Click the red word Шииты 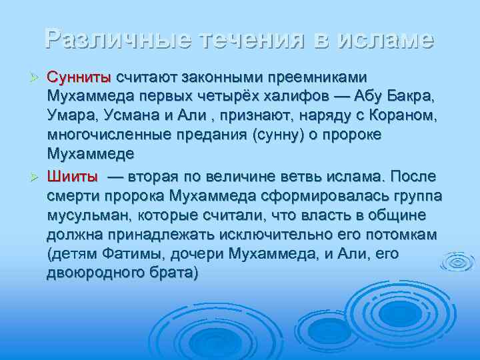tap(73, 177)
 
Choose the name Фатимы tap(133, 254)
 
